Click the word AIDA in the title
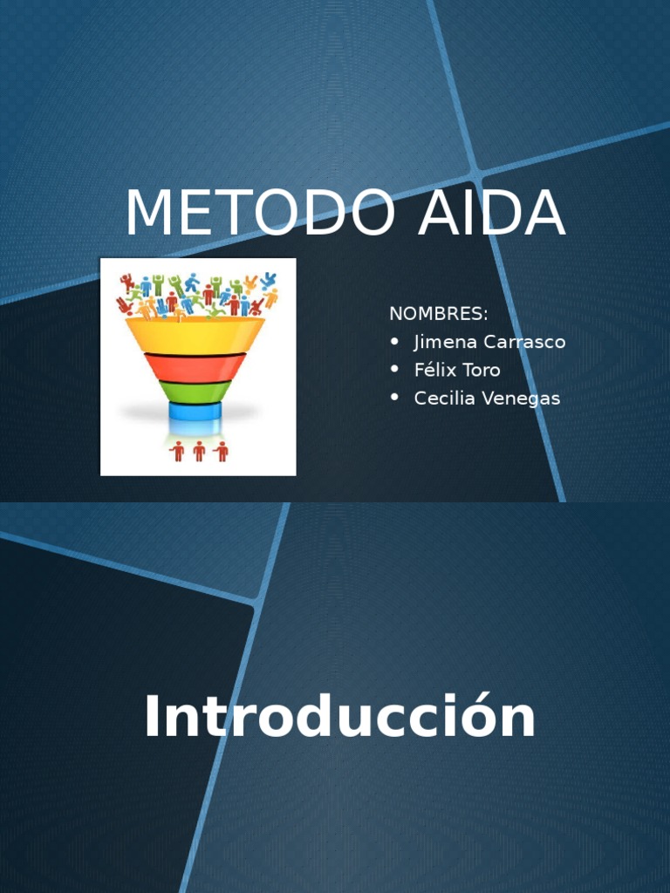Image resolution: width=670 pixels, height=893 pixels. click(492, 214)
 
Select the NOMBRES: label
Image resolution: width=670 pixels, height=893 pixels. click(439, 314)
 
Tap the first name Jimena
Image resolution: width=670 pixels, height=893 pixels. click(445, 342)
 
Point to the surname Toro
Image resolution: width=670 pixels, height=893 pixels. click(482, 370)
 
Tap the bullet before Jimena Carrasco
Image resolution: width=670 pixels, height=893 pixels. click(395, 342)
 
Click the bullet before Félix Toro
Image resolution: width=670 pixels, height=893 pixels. click(395, 370)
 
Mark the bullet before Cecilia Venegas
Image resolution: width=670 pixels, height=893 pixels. click(395, 398)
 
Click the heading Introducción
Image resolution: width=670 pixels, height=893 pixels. click(339, 718)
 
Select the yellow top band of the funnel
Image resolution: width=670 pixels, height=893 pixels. click(195, 335)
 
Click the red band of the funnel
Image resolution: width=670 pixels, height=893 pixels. click(195, 366)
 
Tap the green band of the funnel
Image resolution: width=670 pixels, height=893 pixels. click(195, 392)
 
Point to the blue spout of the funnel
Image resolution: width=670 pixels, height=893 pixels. click(195, 412)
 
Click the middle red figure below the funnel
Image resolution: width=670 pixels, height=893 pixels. click(199, 451)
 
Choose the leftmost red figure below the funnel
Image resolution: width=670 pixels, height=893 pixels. click(178, 451)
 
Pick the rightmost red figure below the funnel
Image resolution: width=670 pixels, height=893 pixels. click(221, 451)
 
